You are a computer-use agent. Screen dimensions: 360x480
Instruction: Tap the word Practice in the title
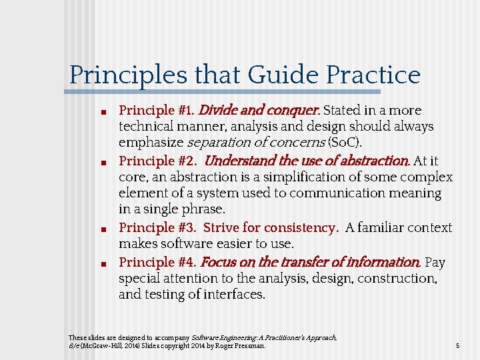373,75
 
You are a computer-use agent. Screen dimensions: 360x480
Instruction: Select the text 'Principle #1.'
157,110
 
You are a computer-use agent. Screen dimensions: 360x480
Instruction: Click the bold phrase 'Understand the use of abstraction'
306,161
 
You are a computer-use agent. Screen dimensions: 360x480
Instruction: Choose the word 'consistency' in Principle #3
305,228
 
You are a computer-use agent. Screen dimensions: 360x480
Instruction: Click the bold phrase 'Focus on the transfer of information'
309,262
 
